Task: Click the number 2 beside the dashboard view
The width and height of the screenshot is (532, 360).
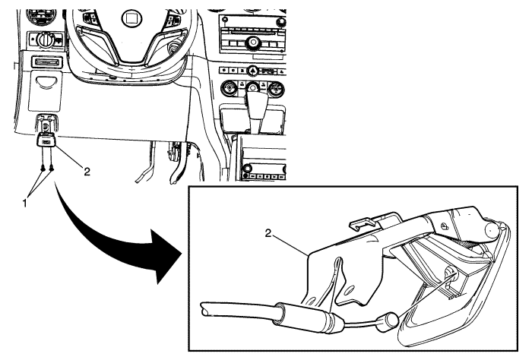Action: click(87, 172)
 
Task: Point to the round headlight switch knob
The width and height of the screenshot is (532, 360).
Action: click(43, 38)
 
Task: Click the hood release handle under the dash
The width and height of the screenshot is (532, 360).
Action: click(46, 140)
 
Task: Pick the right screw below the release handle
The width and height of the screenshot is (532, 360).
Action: click(51, 168)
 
